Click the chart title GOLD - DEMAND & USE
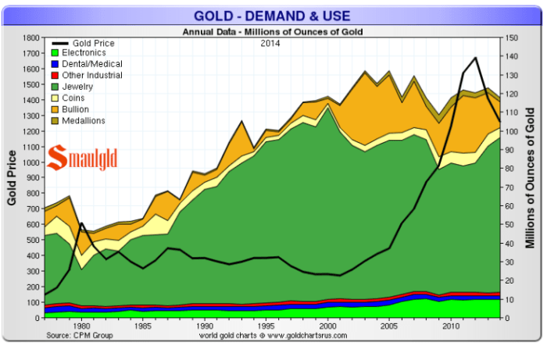272,15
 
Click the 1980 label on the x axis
82,326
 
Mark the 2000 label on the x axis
328,326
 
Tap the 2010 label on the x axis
451,326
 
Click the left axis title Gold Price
13,177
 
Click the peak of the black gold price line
476,58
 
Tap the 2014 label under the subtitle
272,43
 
